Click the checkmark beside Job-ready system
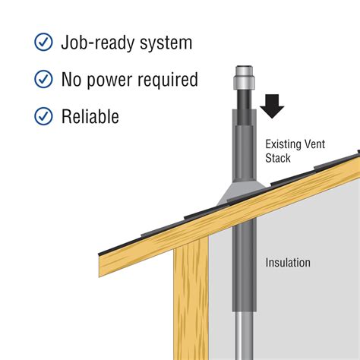tap(43, 42)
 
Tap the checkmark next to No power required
tap(43, 79)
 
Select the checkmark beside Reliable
tap(43, 116)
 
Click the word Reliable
tap(90, 116)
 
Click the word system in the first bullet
tap(166, 43)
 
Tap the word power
tap(109, 81)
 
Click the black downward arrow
tap(272, 106)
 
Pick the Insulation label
tap(288, 263)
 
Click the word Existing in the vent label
tap(283, 144)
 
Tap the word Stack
tap(278, 158)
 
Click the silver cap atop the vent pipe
tap(244, 77)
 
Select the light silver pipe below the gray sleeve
tap(244, 336)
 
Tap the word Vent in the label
tap(314, 144)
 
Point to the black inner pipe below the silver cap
tap(244, 106)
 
